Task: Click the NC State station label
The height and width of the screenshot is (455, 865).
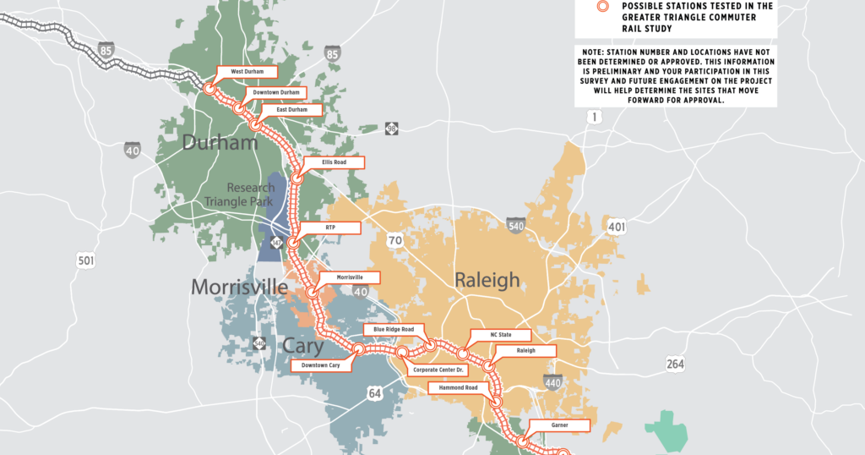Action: [500, 334]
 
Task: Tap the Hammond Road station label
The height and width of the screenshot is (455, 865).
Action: [459, 387]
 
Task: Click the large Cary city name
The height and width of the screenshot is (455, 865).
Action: [303, 345]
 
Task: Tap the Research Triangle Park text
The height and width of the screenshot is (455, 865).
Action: [239, 195]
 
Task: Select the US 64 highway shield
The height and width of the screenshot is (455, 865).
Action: [375, 393]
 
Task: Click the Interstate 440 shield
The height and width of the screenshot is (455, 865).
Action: [553, 383]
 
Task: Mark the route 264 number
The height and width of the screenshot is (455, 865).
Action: [674, 365]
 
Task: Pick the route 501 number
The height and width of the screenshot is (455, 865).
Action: [85, 260]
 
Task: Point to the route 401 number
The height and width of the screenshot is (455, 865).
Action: [617, 227]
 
